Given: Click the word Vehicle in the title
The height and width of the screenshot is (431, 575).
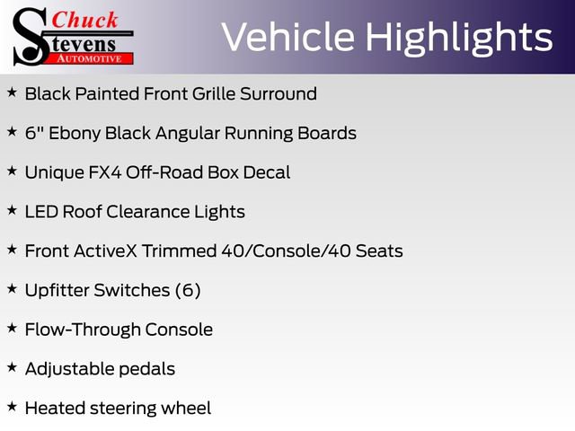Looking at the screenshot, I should click(x=284, y=37).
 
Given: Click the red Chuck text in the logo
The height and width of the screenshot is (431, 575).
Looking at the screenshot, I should click(x=84, y=20).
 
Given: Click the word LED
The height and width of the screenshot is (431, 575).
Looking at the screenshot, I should click(x=41, y=212).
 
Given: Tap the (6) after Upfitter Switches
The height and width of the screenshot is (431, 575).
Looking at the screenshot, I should click(x=188, y=290).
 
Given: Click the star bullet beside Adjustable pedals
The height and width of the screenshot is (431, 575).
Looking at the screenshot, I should click(x=12, y=367).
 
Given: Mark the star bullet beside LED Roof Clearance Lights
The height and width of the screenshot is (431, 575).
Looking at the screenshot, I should click(x=12, y=210).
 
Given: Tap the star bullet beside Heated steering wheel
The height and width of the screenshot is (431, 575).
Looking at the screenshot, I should click(x=12, y=406).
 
